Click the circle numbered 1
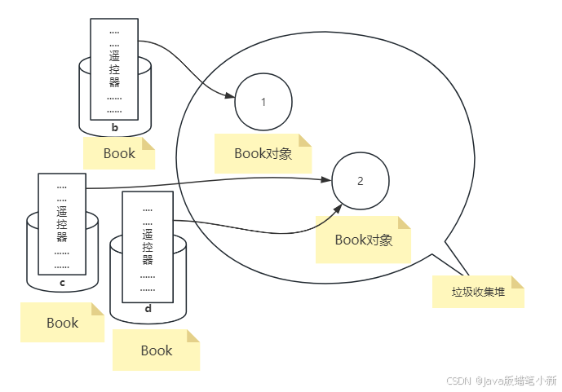click(263, 103)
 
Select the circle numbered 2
click(361, 181)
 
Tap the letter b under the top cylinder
click(115, 128)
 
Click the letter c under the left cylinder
click(62, 284)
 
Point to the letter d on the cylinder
click(148, 308)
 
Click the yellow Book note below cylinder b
click(119, 153)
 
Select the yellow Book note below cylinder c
click(62, 323)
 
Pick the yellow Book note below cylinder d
click(156, 350)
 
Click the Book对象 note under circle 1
click(263, 153)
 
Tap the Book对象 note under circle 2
click(364, 240)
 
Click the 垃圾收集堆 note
click(478, 292)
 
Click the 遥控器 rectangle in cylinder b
click(114, 68)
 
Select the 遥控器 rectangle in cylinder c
click(62, 223)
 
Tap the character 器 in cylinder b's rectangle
click(114, 82)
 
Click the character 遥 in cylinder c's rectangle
click(62, 211)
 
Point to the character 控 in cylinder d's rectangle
click(148, 247)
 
